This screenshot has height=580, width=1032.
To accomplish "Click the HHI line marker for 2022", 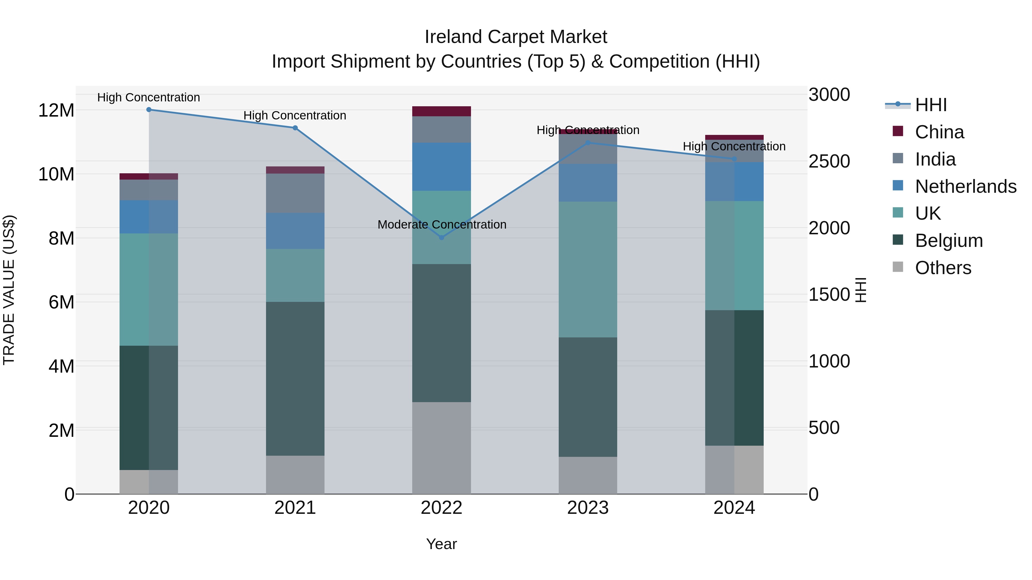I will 441,237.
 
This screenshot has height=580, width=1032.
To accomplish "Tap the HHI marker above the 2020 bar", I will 148,109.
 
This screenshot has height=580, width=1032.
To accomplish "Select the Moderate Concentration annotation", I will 441,225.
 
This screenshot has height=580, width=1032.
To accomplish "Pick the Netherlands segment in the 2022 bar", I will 441,166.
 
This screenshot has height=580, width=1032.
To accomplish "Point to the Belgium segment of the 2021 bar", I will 295,378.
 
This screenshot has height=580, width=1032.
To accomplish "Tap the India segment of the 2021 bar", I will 295,193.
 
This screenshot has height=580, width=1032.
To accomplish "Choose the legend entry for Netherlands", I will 965,186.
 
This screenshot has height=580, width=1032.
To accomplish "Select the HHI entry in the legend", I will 930,105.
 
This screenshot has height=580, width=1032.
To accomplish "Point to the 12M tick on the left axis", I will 56,110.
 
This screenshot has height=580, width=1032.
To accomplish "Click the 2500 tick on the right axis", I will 829,161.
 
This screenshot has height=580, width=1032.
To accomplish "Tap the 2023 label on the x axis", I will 588,508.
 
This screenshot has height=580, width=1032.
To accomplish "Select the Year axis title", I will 441,544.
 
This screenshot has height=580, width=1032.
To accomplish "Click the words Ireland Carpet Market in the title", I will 516,37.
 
